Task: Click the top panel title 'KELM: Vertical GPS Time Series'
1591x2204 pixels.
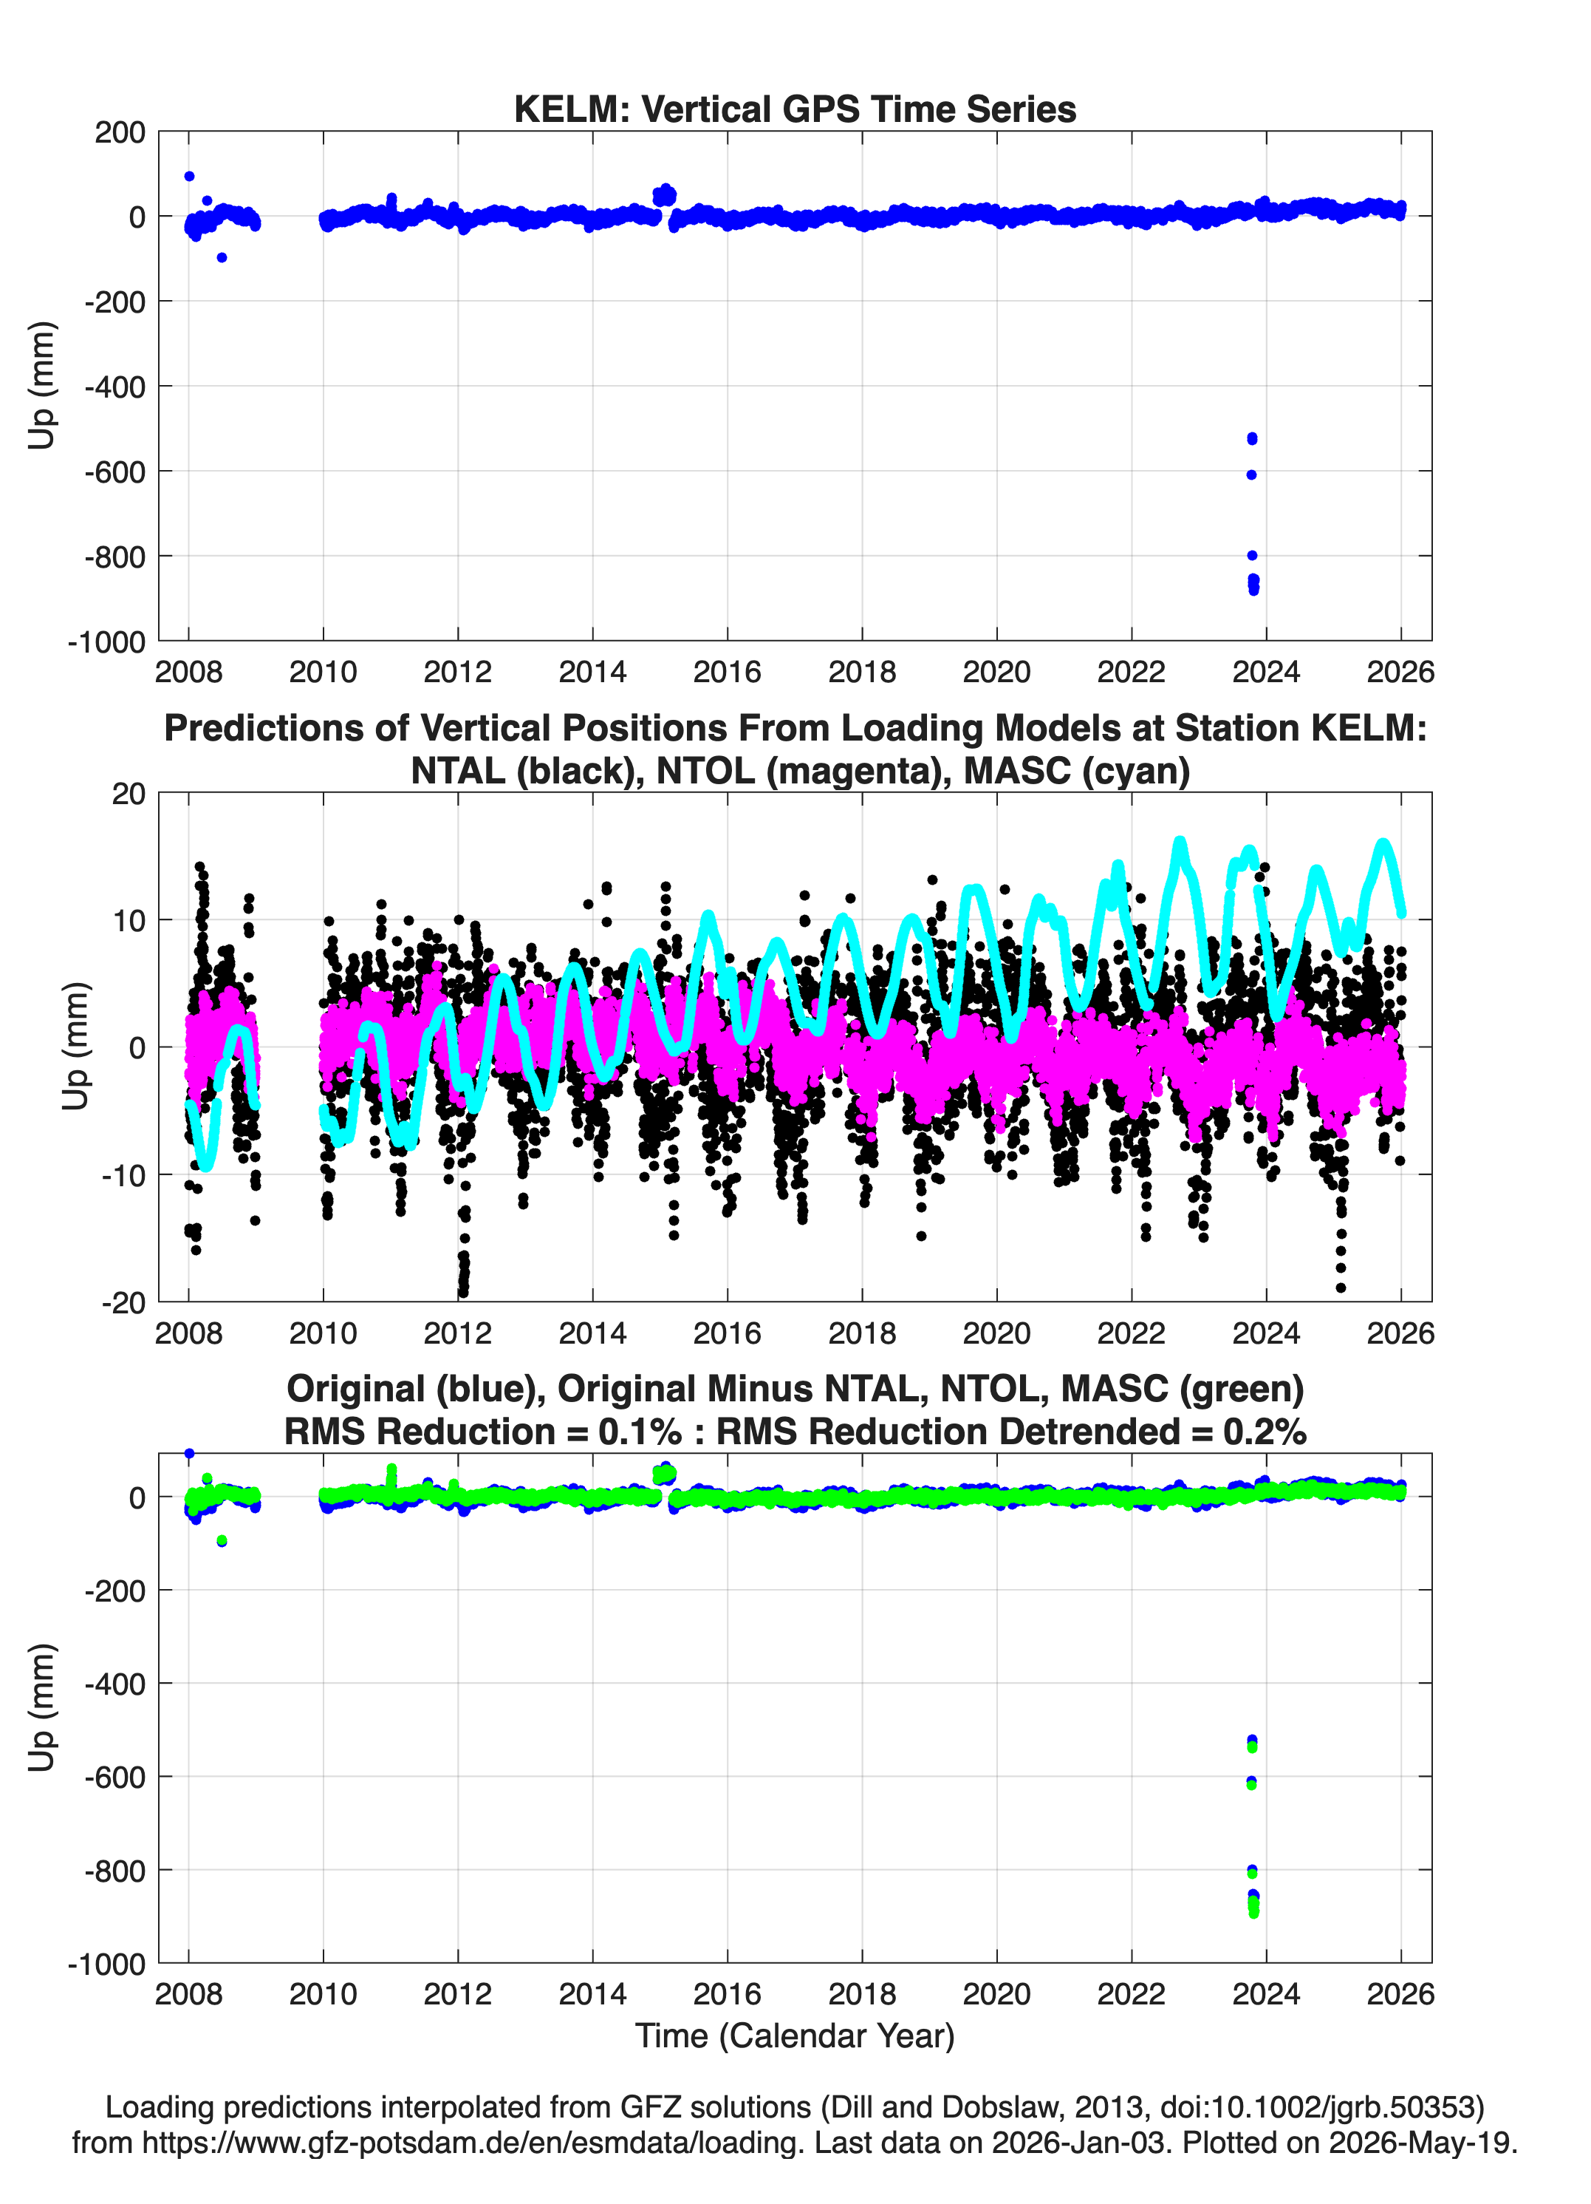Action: pyautogui.click(x=795, y=109)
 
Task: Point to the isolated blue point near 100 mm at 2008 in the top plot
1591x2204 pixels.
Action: pyautogui.click(x=189, y=177)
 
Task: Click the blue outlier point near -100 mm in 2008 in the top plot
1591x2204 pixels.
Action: pyautogui.click(x=222, y=257)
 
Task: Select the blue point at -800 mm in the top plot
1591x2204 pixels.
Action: pyautogui.click(x=1252, y=556)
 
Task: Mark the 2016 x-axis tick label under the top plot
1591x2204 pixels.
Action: pyautogui.click(x=728, y=672)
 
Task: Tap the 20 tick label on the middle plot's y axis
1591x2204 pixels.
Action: pyautogui.click(x=129, y=794)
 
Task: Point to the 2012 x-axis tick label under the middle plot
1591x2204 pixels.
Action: pyautogui.click(x=457, y=1333)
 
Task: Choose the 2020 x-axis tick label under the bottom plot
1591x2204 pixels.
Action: pyautogui.click(x=996, y=1994)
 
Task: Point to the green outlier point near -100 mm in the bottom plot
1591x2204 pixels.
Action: pyautogui.click(x=222, y=1541)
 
